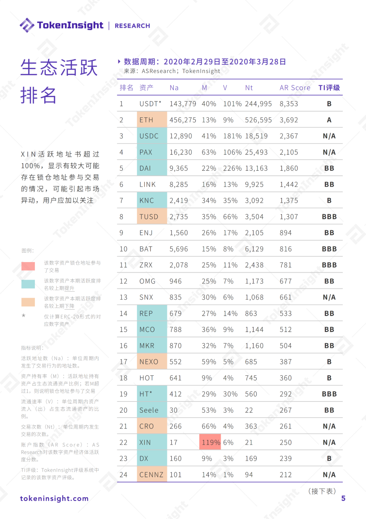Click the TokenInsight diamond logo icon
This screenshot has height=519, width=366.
(27, 25)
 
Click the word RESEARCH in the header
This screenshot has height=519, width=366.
(132, 26)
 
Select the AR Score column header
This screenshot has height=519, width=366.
(295, 88)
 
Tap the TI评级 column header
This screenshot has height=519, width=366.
(329, 88)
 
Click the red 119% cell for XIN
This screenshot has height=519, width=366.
(210, 442)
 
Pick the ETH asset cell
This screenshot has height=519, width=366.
(151, 120)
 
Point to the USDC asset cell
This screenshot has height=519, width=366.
(151, 136)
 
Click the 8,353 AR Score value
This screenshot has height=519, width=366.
(289, 104)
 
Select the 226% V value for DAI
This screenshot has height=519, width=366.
(232, 168)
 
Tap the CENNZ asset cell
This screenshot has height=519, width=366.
(151, 475)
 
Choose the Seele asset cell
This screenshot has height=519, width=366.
(151, 410)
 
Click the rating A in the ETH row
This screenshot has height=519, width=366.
(329, 120)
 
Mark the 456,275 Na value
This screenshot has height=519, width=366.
(183, 120)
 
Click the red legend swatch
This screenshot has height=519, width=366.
(28, 266)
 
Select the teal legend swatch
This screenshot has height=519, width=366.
(28, 284)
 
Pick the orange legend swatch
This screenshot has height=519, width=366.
(28, 302)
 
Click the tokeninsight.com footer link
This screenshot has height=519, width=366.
(54, 498)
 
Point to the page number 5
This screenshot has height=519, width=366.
(343, 498)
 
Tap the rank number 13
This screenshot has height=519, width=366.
(123, 297)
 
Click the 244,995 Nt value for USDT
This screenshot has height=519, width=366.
(258, 104)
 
